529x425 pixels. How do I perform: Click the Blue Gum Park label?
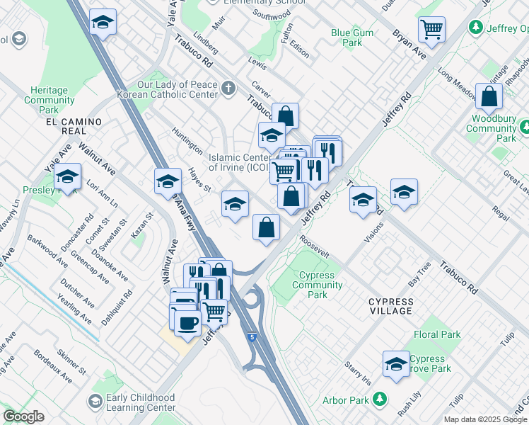click(347, 38)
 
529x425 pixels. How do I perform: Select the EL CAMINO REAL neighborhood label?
click(74, 127)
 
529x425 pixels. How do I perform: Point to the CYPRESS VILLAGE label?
click(390, 306)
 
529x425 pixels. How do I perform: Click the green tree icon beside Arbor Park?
click(380, 400)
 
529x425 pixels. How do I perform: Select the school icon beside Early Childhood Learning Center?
click(94, 402)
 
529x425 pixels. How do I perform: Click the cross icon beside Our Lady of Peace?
click(228, 89)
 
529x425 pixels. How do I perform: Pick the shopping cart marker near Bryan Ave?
click(431, 29)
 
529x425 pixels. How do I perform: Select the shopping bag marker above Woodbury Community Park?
click(489, 96)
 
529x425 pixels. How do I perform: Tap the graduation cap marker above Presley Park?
click(67, 176)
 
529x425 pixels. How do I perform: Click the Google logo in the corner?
click(23, 416)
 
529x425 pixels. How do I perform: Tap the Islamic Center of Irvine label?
click(238, 162)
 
